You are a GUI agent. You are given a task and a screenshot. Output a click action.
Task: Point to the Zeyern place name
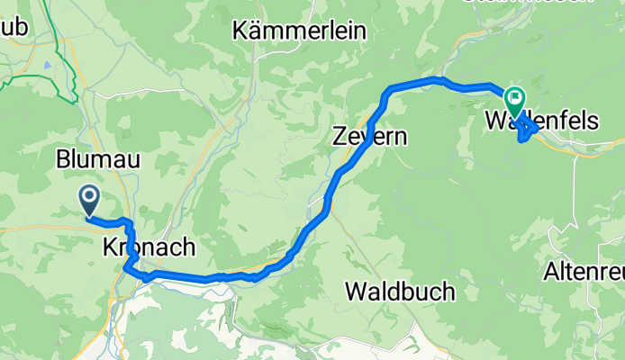(370, 138)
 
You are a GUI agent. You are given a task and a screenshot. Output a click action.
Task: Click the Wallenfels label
(541, 120)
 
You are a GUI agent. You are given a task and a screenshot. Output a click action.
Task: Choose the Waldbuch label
(400, 292)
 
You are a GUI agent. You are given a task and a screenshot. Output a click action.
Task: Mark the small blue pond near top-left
(45, 66)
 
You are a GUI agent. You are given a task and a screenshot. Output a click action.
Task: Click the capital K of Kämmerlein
(240, 31)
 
